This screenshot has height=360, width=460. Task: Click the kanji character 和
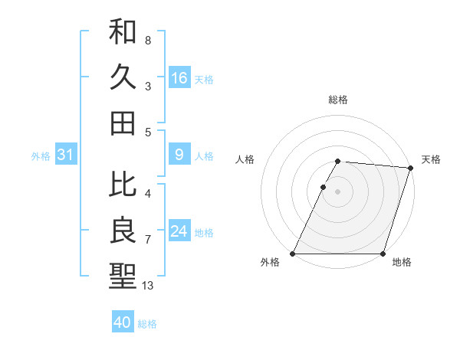(123, 33)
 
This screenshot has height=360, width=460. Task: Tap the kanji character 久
(123, 77)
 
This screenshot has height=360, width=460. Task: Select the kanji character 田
(123, 123)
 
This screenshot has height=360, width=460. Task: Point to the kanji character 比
(123, 185)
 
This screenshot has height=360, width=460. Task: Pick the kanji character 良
(123, 230)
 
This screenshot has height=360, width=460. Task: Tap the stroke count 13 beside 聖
(148, 286)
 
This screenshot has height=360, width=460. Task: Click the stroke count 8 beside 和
(148, 40)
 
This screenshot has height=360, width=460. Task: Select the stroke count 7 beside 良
(148, 240)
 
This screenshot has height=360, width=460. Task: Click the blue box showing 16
(179, 78)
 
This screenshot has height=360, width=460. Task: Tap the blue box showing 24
(179, 231)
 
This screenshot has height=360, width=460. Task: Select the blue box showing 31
(65, 155)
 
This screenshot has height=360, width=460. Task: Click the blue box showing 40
(123, 322)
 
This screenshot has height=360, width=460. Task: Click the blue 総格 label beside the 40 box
(148, 324)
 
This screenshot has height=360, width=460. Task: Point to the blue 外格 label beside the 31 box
(41, 156)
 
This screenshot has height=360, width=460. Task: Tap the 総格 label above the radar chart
(338, 100)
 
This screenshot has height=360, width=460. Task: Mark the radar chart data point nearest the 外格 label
(293, 254)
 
